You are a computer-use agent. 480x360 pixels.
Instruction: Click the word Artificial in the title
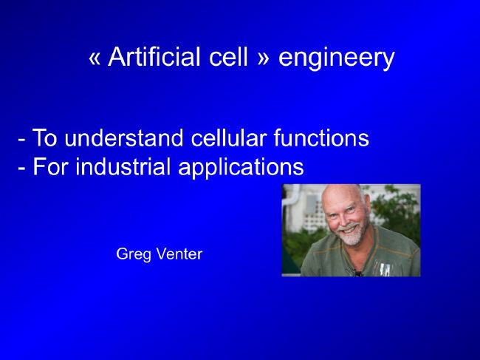(x=154, y=57)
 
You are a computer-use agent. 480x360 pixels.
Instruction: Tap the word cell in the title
(x=228, y=57)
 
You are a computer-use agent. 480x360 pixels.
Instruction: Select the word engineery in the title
(x=337, y=58)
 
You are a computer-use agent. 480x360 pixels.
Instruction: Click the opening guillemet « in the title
(x=95, y=59)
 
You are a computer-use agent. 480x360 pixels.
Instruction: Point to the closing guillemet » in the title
(x=263, y=59)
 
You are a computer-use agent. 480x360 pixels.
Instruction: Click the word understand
(x=124, y=138)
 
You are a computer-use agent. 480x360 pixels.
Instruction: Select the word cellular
(x=229, y=138)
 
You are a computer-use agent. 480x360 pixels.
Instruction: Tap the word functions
(x=321, y=138)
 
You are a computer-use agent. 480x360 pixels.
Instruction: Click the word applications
(x=241, y=169)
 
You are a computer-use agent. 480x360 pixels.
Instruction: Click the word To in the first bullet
(x=45, y=138)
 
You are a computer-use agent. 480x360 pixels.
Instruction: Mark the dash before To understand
(x=21, y=139)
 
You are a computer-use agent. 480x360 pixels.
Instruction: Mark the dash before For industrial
(x=21, y=168)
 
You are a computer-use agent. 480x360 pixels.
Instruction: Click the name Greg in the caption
(x=134, y=254)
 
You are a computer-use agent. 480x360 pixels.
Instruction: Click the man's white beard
(x=353, y=235)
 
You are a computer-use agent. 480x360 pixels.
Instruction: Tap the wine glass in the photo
(x=385, y=269)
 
